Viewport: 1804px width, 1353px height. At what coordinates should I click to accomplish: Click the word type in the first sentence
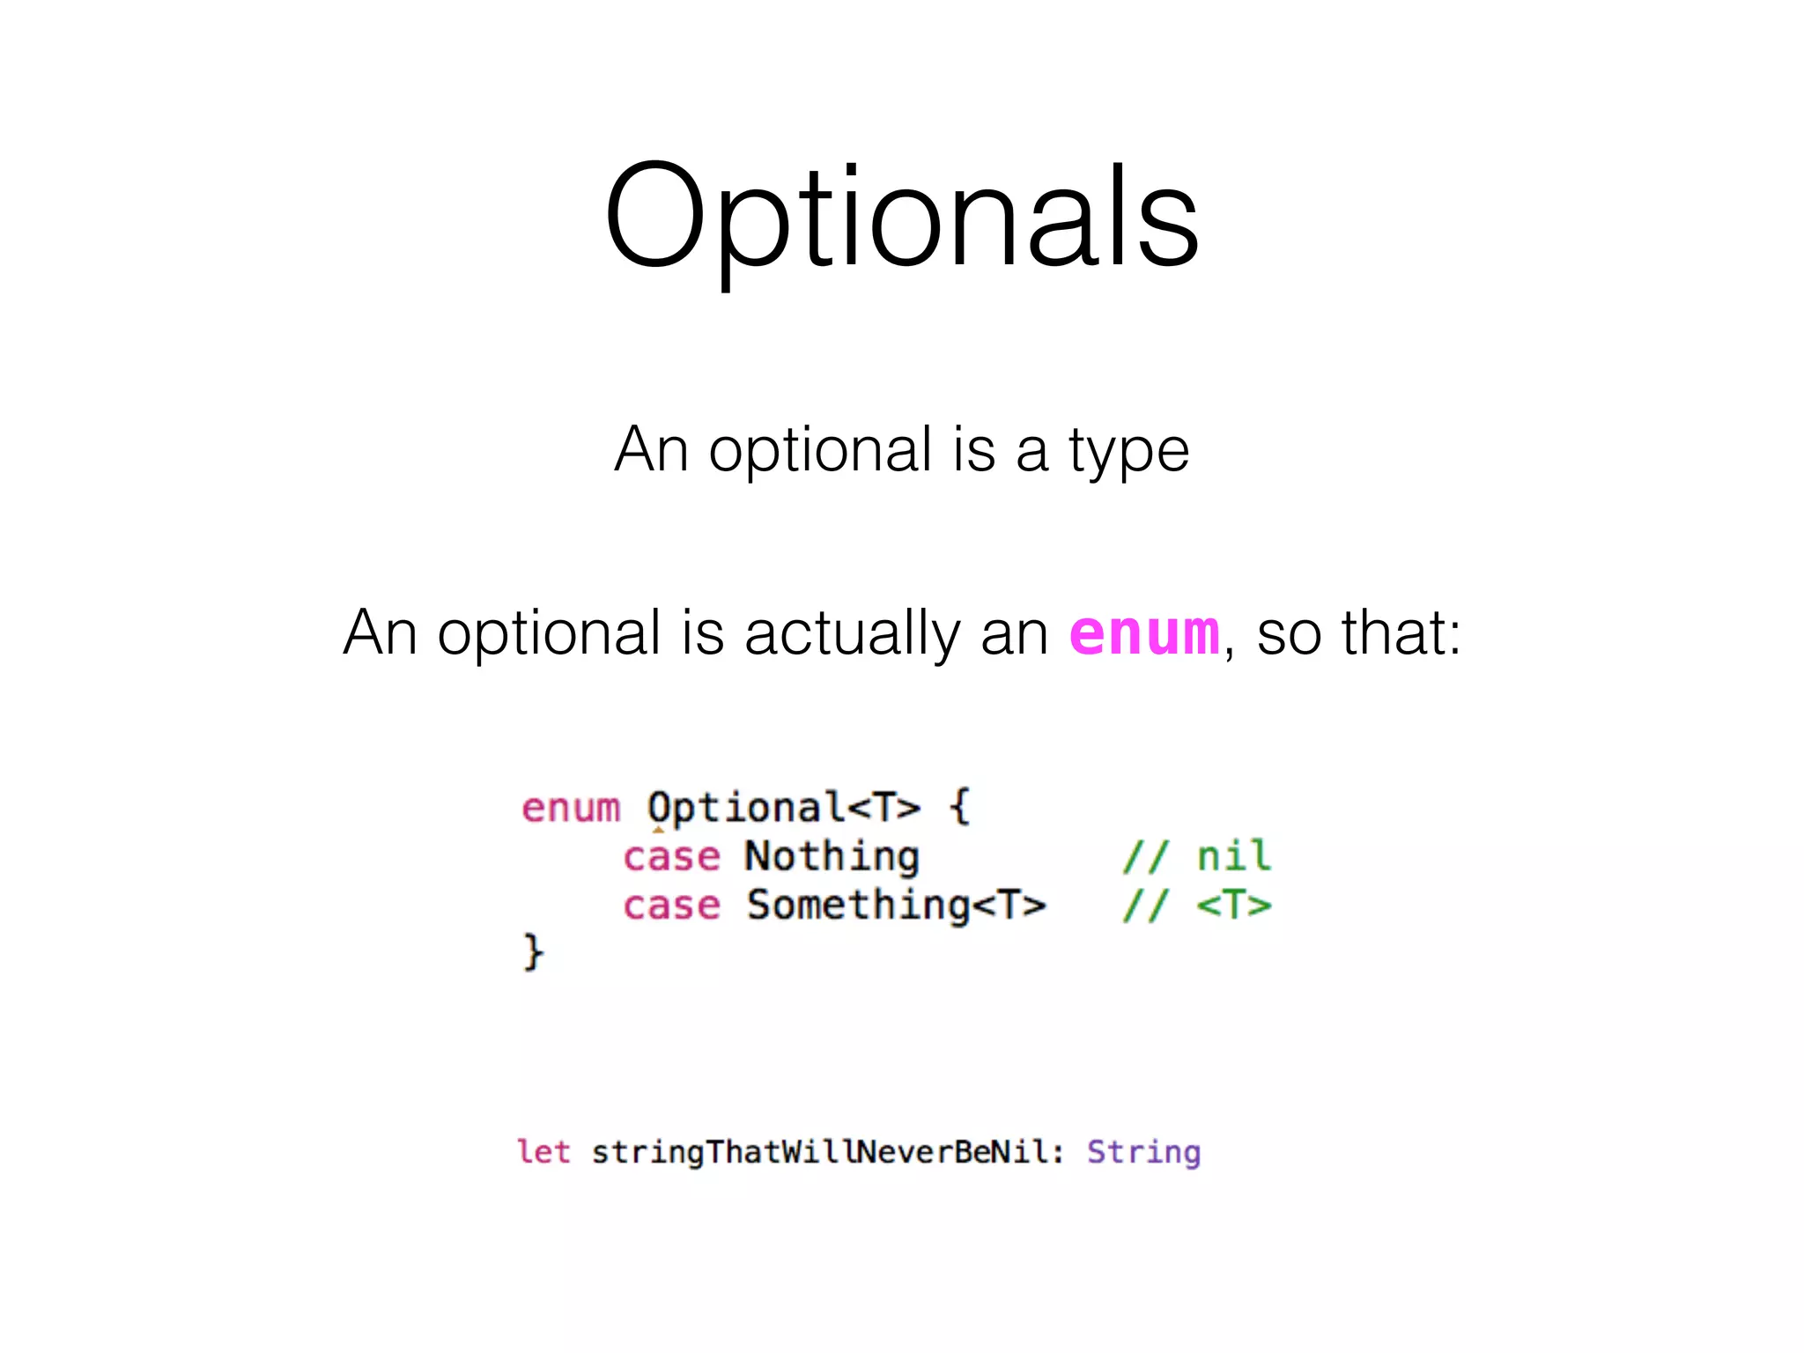click(x=1129, y=451)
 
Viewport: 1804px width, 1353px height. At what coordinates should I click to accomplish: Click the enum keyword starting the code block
click(x=571, y=808)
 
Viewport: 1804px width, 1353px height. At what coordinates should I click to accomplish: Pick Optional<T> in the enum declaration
click(x=783, y=808)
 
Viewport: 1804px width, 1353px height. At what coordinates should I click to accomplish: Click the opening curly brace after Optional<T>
click(x=959, y=806)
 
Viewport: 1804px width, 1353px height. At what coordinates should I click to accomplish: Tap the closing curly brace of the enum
click(x=533, y=952)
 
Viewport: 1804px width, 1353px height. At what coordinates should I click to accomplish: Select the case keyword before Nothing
click(x=671, y=856)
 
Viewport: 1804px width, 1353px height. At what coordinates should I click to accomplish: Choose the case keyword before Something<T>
click(x=671, y=906)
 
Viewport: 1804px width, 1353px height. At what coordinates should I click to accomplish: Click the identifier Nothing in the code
click(x=832, y=856)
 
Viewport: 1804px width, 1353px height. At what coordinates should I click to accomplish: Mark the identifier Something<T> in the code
click(x=896, y=906)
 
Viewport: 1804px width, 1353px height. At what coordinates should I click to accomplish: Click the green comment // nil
click(x=1196, y=856)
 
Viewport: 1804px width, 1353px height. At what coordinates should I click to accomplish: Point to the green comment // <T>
click(x=1196, y=906)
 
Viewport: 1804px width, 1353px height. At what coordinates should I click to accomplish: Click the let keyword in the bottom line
click(x=543, y=1152)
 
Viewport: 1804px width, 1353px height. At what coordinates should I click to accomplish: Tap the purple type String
click(x=1143, y=1152)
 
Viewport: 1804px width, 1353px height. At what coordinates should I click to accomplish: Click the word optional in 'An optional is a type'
click(x=820, y=451)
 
